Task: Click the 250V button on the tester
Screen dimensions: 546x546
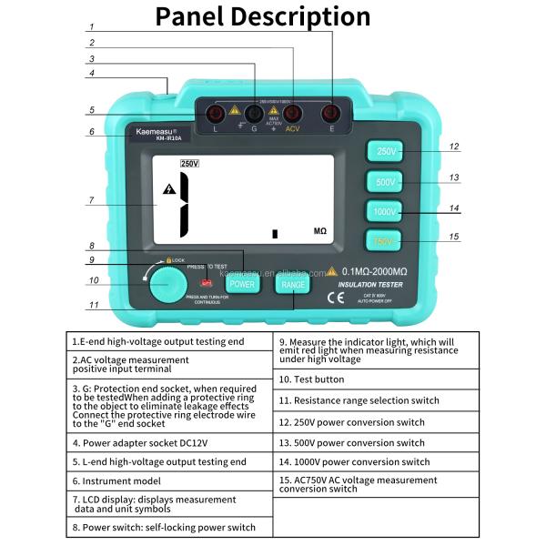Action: [386, 152]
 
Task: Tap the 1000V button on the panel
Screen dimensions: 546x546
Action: [386, 211]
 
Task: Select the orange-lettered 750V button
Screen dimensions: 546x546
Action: [386, 241]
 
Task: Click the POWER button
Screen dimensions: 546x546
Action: [242, 283]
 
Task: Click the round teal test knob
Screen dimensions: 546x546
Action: [167, 284]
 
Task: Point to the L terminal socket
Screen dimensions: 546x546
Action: [217, 114]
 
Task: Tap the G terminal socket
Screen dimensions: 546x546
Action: [253, 114]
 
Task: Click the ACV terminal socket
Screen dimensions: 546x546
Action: [292, 114]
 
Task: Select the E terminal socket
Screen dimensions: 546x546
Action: [330, 114]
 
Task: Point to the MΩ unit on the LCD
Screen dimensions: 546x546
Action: [320, 232]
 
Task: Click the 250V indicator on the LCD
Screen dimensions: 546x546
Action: [189, 164]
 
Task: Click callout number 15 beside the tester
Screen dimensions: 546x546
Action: [454, 238]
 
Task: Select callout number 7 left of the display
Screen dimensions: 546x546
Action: [91, 200]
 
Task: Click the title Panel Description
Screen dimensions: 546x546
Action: [263, 17]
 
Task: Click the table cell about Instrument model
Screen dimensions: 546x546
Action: [169, 480]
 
